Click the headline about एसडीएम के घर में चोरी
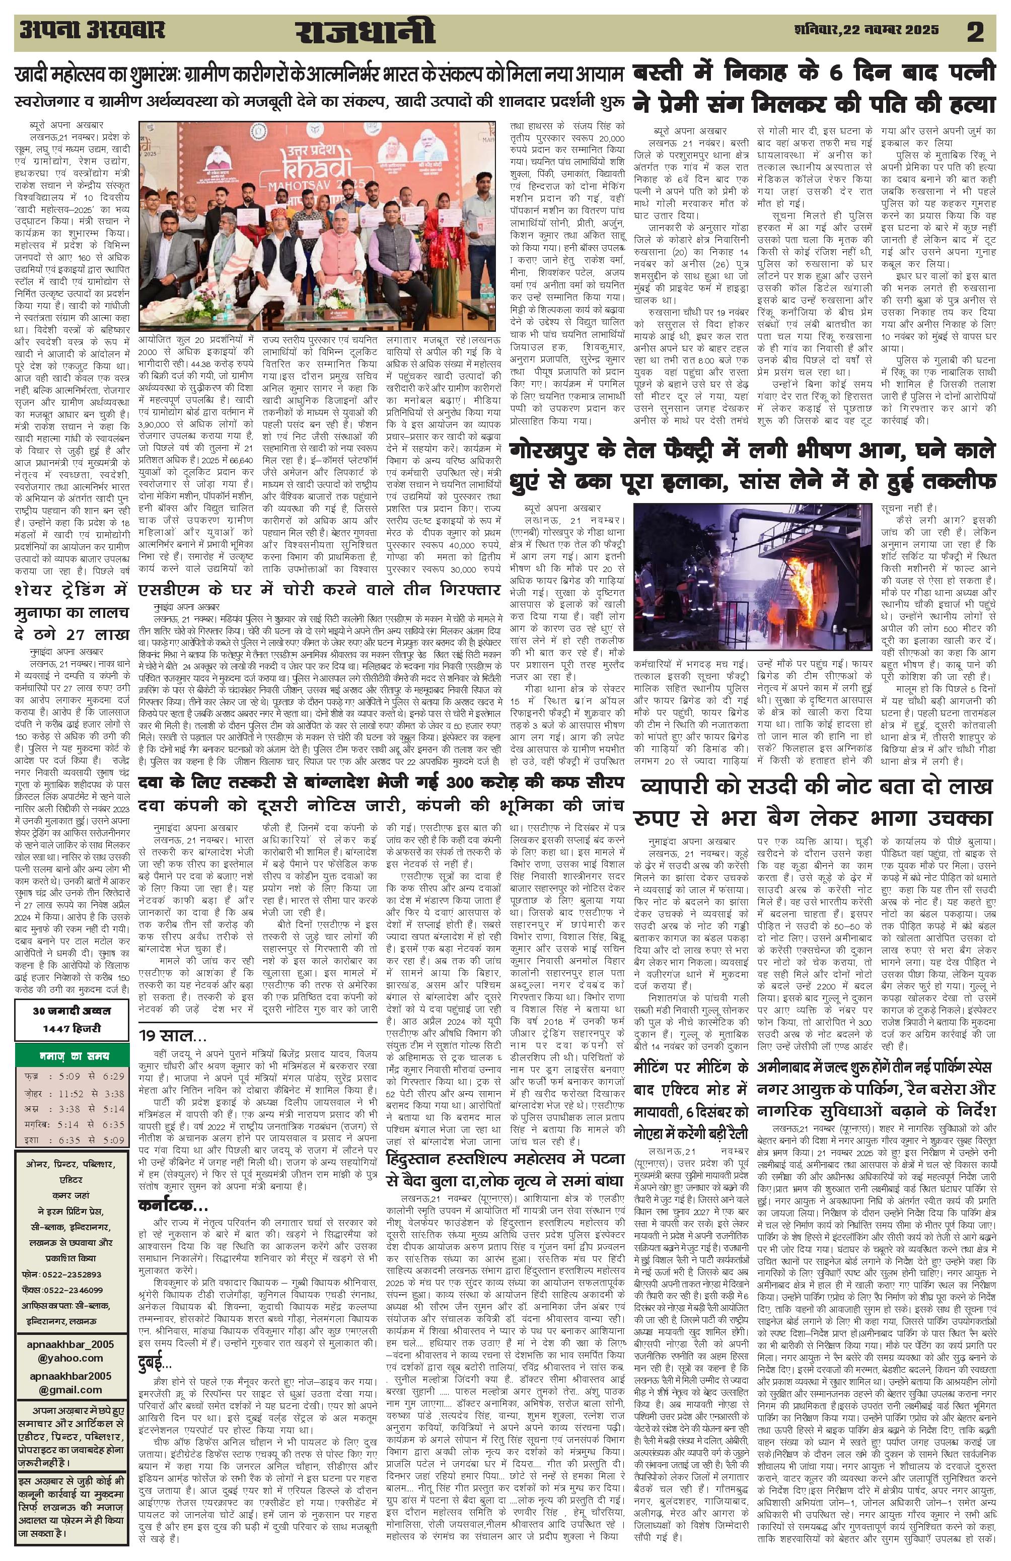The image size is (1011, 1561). [x=320, y=590]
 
